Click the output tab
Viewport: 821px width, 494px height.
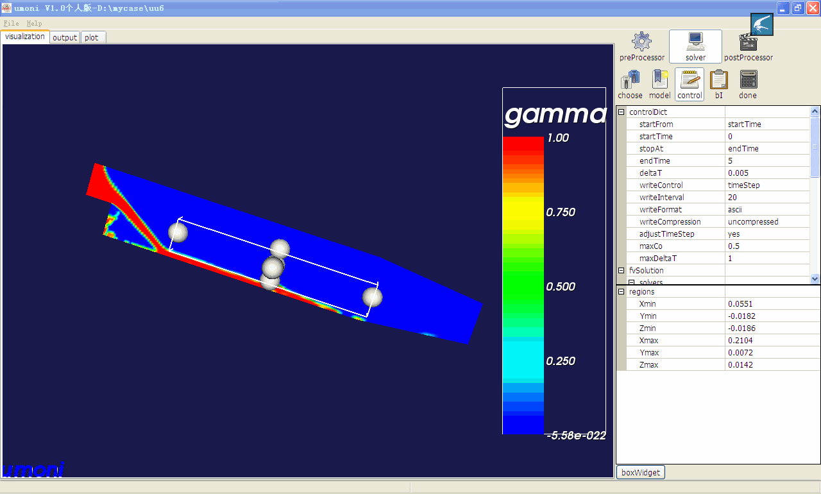click(65, 37)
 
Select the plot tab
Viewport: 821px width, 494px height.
click(92, 37)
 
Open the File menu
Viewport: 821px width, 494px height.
click(11, 24)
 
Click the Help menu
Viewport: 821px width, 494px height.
click(34, 24)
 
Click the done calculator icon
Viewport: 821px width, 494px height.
click(748, 80)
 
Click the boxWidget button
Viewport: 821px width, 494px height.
click(641, 472)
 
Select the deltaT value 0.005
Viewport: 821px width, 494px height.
click(738, 173)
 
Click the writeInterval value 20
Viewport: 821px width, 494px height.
click(732, 198)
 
